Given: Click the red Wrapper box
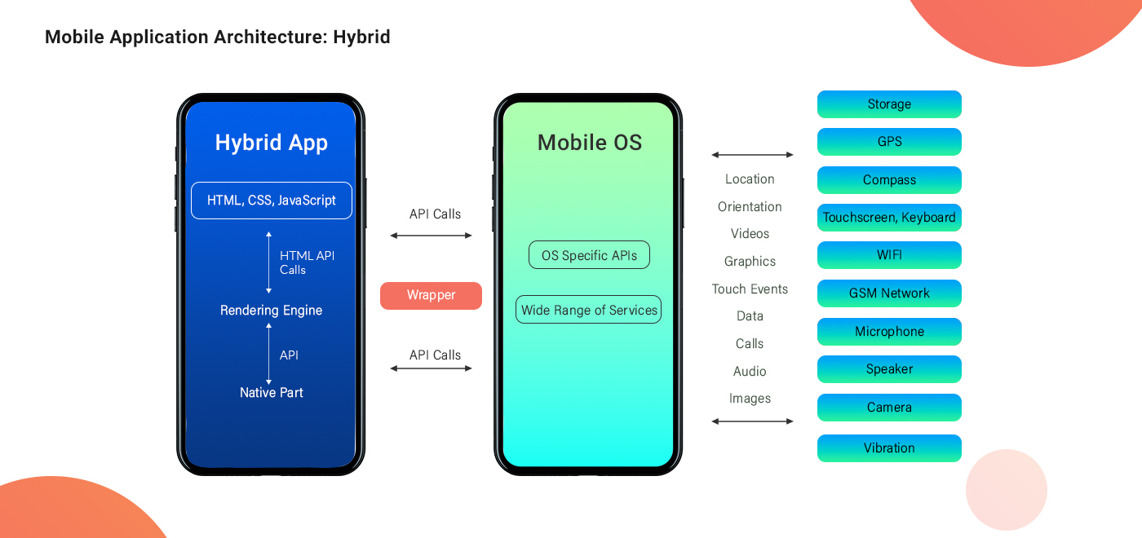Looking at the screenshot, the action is click(x=431, y=295).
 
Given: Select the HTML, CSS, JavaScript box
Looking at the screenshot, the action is click(x=271, y=201).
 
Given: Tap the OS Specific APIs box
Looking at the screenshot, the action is click(x=589, y=254).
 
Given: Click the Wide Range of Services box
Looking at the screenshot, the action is click(x=588, y=309).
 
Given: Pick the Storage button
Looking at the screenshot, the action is click(x=889, y=104).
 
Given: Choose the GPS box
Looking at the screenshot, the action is click(x=889, y=142).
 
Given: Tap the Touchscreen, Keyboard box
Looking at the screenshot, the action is click(x=889, y=218).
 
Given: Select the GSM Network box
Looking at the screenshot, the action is click(x=889, y=293).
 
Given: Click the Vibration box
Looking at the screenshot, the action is click(x=889, y=448).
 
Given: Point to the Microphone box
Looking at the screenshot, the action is click(x=889, y=332).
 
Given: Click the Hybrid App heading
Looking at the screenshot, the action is click(x=271, y=143).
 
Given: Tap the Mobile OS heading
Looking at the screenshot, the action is click(x=589, y=143).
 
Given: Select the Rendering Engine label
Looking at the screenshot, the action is click(x=271, y=311).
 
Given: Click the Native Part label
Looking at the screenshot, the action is click(x=271, y=392).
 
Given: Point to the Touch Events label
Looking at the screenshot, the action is click(x=750, y=289).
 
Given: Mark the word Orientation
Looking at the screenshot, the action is click(x=750, y=206).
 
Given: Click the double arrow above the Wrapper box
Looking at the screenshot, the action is click(x=432, y=236).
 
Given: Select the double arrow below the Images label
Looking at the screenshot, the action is click(x=752, y=421).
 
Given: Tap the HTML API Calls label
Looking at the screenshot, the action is click(x=307, y=262).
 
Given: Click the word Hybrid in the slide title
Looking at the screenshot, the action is click(x=361, y=37).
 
